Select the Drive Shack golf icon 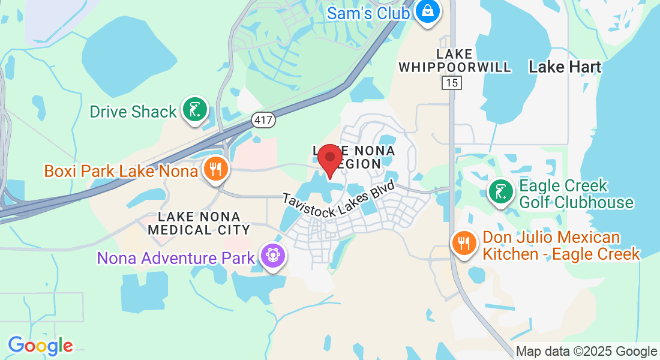point(195,110)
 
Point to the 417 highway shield point(263,120)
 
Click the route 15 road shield point(452,82)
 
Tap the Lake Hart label point(565,67)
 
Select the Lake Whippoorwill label point(455,61)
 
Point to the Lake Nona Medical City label point(199,223)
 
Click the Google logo point(40,345)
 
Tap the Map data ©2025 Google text point(587,352)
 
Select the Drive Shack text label point(133,112)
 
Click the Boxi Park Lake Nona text point(121,171)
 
